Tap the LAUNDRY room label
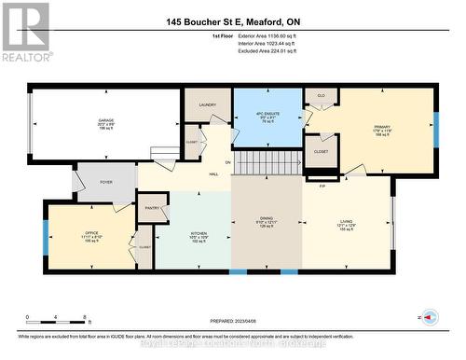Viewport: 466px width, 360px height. [207, 105]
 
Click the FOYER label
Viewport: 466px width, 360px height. [106, 182]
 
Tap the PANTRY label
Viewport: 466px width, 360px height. [151, 208]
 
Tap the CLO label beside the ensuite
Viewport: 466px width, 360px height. [321, 95]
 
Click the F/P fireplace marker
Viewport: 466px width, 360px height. [323, 187]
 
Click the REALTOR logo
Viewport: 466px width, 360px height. [24, 32]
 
